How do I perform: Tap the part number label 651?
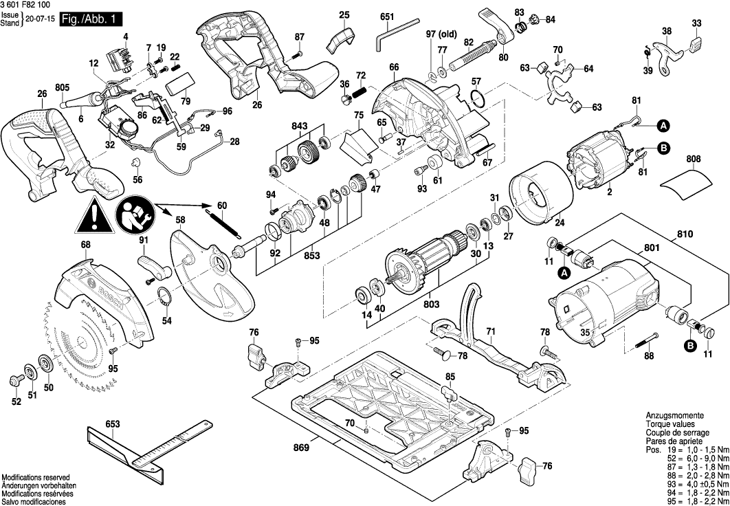click(387, 16)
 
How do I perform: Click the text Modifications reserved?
click(36, 478)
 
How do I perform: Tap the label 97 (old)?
click(442, 34)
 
